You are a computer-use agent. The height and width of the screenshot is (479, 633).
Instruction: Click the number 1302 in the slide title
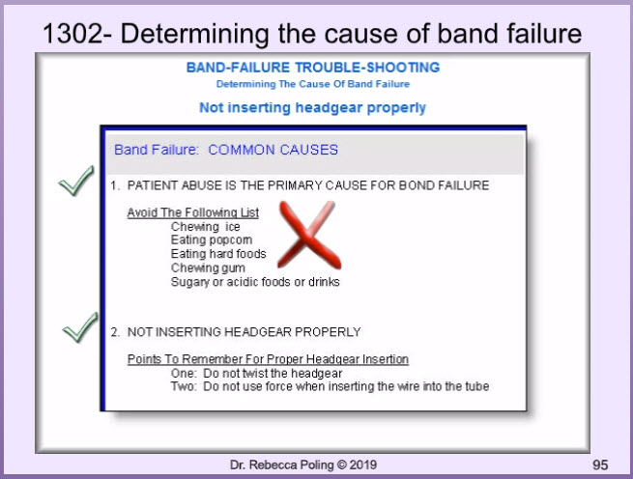[x=72, y=33]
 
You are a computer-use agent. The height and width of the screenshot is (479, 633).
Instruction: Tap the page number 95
[x=600, y=465]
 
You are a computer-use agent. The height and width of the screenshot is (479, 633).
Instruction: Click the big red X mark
[x=309, y=235]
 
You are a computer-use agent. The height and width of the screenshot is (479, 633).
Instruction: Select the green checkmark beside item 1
[x=76, y=181]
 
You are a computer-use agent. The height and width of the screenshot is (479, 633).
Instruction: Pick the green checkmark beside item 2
[x=80, y=327]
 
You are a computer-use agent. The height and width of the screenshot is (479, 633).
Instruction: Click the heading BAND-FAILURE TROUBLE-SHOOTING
[x=313, y=68]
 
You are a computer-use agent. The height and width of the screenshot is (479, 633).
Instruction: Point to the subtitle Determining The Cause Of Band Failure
[x=313, y=84]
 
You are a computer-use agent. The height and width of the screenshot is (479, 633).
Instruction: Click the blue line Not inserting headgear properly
[x=312, y=108]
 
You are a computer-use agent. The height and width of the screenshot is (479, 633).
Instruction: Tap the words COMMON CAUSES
[x=273, y=150]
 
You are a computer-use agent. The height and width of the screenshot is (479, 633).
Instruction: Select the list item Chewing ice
[x=206, y=226]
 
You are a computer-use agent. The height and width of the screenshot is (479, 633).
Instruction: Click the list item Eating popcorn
[x=212, y=239]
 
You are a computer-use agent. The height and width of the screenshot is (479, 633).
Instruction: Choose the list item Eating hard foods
[x=218, y=253]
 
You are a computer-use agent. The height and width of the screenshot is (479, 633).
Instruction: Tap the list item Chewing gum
[x=208, y=268]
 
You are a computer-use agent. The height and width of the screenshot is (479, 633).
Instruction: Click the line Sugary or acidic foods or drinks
[x=255, y=282]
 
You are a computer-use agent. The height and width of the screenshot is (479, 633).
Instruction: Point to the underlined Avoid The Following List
[x=193, y=212]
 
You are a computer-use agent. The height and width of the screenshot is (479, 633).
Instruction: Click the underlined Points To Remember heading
[x=268, y=359]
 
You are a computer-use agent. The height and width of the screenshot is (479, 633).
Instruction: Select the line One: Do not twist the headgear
[x=256, y=374]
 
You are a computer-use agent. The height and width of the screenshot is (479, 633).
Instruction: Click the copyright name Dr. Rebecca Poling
[x=282, y=465]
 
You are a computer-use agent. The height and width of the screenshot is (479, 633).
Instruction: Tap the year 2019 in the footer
[x=363, y=465]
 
